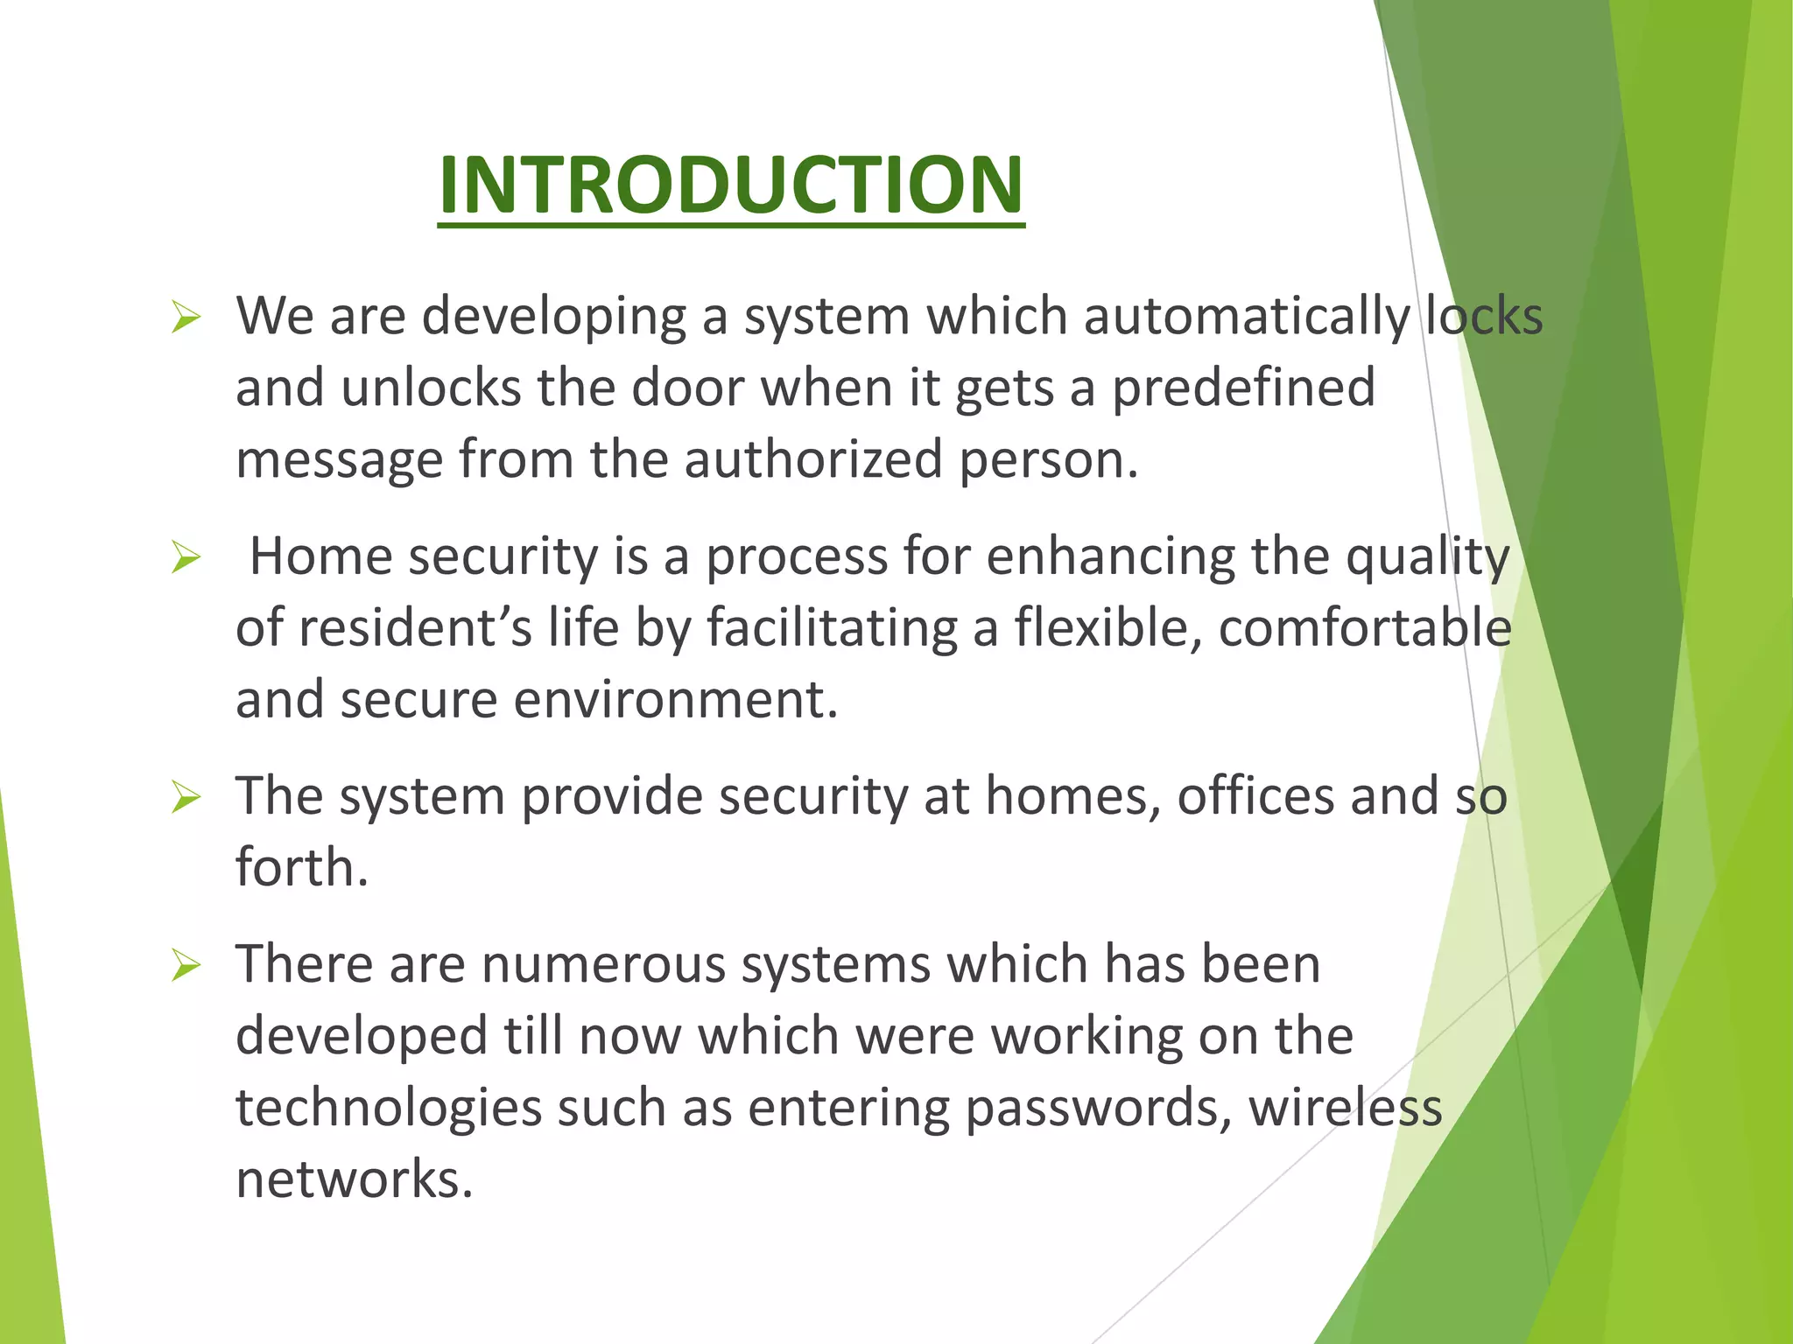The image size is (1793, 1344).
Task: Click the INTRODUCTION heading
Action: coord(731,185)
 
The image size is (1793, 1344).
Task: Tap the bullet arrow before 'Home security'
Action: coord(186,556)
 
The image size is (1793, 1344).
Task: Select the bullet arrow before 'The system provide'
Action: coord(186,797)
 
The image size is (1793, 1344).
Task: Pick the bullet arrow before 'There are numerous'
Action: coord(186,965)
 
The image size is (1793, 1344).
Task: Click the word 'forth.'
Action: coord(302,868)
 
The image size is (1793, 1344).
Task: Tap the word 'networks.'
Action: coord(355,1179)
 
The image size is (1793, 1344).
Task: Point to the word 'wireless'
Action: coord(1345,1108)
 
